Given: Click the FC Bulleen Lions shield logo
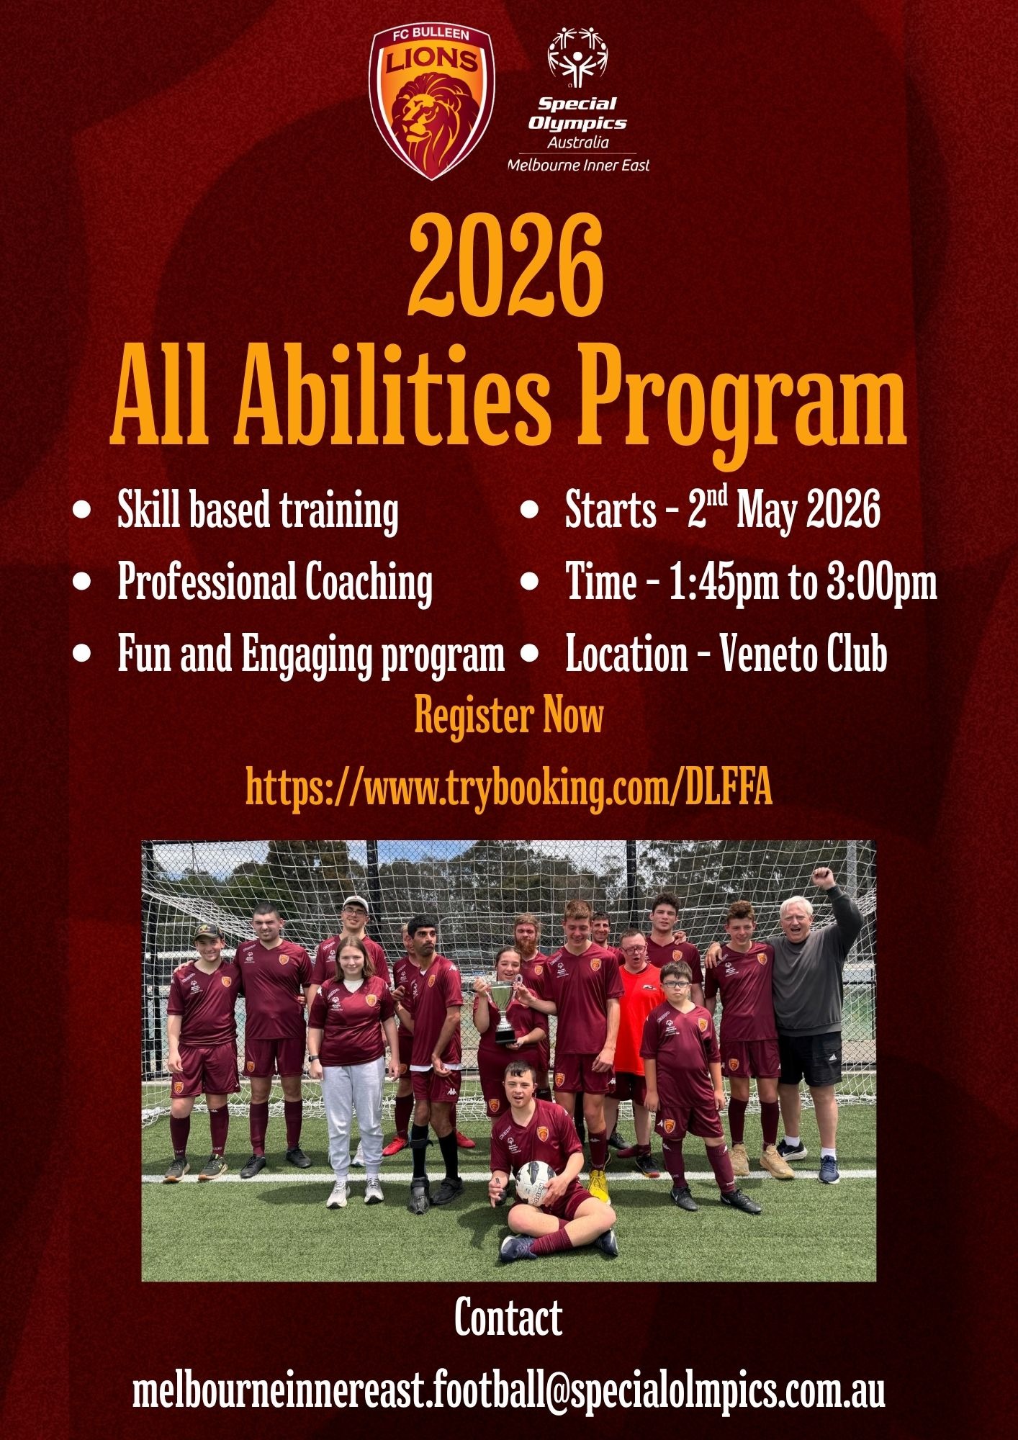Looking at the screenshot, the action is [x=431, y=103].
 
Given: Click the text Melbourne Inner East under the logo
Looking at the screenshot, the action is [x=579, y=165].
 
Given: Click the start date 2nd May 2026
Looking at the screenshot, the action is [x=783, y=509].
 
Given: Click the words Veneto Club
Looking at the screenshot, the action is [x=803, y=654].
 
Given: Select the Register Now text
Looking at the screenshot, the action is [x=509, y=716].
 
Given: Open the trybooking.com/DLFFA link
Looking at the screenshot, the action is [x=509, y=788].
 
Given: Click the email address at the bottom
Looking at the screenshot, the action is [x=509, y=1392].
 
